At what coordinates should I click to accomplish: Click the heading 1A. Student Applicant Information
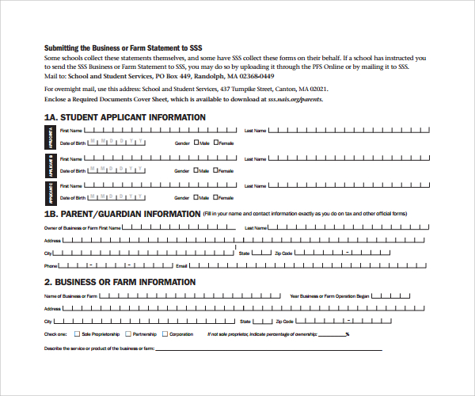[124, 117]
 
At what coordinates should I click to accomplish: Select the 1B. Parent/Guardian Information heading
[122, 214]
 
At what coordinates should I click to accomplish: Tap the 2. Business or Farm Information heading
[120, 282]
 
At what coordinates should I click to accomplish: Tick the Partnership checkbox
[128, 334]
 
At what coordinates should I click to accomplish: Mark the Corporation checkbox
[165, 334]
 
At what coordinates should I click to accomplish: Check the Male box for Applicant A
[196, 143]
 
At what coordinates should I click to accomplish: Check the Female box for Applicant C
[215, 198]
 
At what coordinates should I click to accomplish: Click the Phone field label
[51, 266]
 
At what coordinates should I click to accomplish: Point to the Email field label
[180, 266]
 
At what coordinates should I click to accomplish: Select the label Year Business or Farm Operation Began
[329, 296]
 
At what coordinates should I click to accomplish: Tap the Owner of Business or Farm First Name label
[82, 227]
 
